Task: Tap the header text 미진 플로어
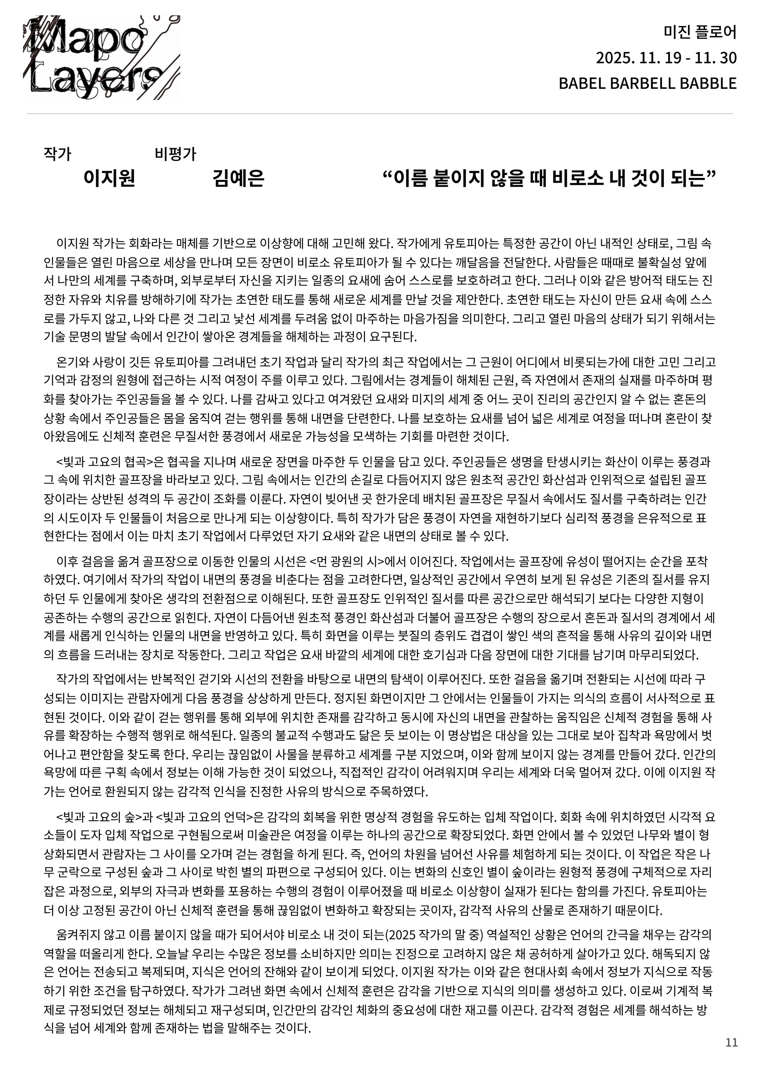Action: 700,32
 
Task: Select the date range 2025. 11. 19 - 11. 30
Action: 666,58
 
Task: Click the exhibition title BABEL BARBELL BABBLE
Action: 647,84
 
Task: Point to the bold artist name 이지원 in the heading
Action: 109,179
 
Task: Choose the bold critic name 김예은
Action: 238,179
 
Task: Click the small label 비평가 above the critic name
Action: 175,154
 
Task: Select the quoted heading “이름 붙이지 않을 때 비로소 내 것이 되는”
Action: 549,179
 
